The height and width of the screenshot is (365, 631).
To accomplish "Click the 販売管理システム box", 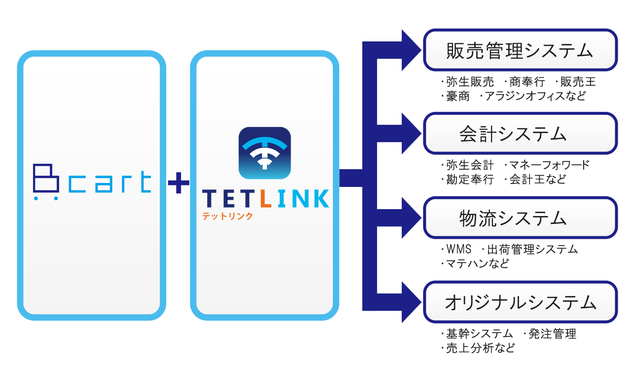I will (520, 50).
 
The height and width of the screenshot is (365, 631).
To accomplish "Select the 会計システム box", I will (520, 134).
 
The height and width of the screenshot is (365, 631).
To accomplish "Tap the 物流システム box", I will (520, 218).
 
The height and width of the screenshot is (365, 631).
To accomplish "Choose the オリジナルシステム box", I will (520, 302).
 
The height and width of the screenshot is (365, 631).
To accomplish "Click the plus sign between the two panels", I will (178, 185).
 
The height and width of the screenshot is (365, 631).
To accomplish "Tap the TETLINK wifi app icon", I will (265, 153).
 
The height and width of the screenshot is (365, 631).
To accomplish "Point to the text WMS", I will (459, 249).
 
